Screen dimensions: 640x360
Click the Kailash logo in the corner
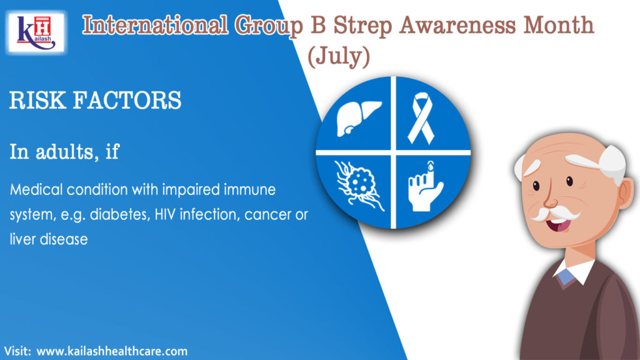(36, 32)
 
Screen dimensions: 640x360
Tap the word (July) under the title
(338, 56)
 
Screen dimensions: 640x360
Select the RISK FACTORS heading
(95, 101)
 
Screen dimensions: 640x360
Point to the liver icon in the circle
(358, 117)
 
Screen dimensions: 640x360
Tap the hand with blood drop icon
(425, 187)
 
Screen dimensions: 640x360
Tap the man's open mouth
(559, 224)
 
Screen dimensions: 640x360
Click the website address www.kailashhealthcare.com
(112, 351)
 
